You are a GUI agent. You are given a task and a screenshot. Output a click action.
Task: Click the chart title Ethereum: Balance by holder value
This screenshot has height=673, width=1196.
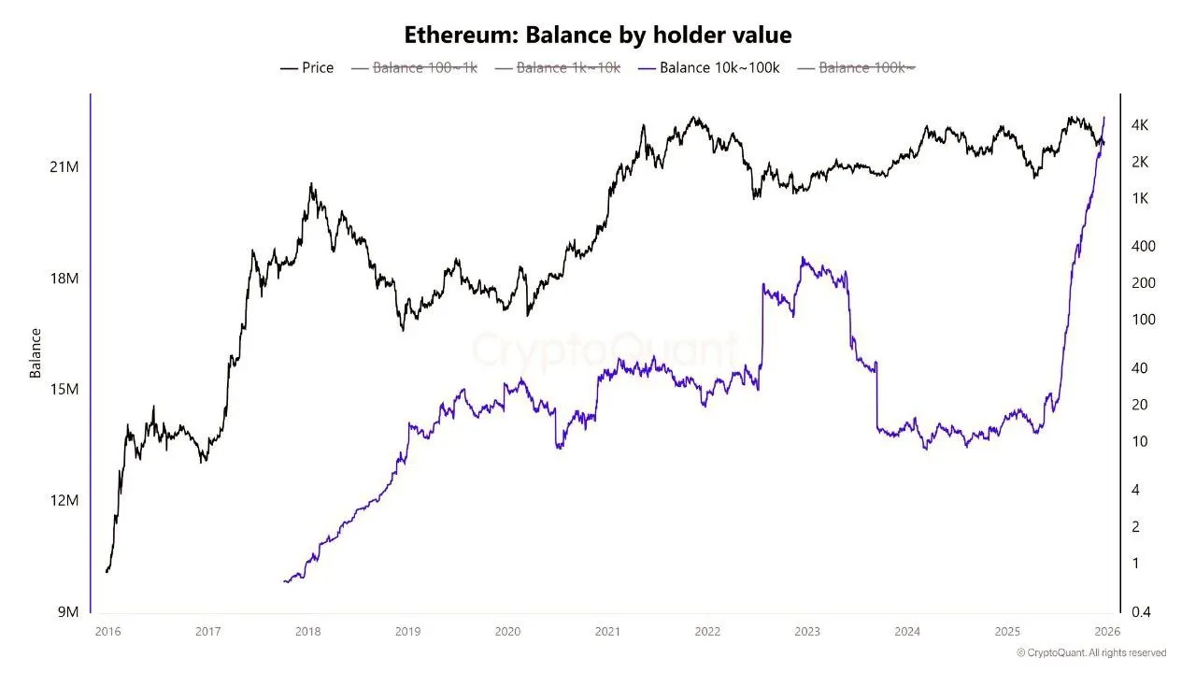tap(598, 36)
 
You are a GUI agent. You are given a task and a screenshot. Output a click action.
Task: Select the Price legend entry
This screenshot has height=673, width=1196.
tap(307, 68)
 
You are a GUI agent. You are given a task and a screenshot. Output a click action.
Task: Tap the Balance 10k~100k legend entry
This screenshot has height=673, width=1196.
tap(709, 68)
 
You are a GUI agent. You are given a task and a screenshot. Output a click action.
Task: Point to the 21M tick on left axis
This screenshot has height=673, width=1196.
tap(64, 166)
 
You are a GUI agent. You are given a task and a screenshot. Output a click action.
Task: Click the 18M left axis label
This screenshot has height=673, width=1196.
tap(64, 279)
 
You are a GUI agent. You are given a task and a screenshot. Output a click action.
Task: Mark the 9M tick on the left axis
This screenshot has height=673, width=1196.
tap(68, 612)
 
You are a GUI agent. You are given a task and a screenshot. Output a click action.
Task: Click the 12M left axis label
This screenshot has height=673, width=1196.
tap(64, 500)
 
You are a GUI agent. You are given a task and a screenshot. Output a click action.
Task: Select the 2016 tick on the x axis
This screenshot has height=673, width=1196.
tap(108, 632)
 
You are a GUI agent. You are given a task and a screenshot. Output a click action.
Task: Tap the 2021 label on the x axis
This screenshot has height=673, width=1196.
tap(607, 632)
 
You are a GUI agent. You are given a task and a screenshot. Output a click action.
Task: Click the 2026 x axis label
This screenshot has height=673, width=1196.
tap(1106, 632)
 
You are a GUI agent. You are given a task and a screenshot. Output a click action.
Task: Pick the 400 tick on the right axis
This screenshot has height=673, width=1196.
tap(1143, 246)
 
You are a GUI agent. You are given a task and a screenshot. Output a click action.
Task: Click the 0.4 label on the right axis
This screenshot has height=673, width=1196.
tap(1141, 612)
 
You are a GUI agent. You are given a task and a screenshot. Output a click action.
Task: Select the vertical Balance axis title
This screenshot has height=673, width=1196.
tap(36, 352)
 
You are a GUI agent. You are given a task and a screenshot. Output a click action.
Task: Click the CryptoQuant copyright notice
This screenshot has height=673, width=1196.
tap(1090, 652)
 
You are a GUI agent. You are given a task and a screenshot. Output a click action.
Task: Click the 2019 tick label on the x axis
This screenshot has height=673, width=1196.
tap(407, 632)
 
